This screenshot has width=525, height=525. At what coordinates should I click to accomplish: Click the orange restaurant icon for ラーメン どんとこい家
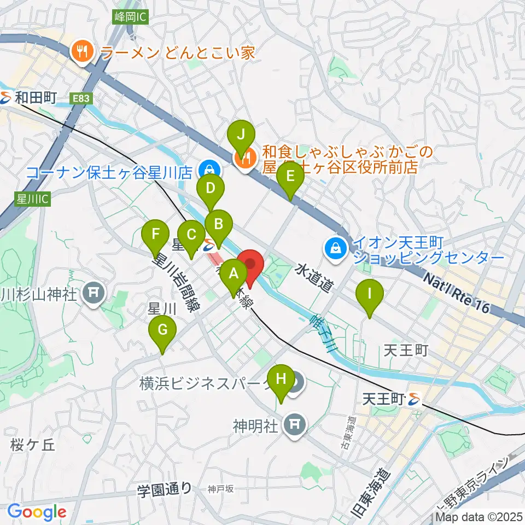(83, 52)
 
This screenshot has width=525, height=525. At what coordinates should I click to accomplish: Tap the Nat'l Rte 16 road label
(456, 295)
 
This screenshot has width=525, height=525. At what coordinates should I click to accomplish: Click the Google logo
(37, 511)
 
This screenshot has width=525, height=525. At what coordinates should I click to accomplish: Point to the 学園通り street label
(164, 487)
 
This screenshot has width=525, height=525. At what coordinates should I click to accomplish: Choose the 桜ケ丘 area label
(33, 445)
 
